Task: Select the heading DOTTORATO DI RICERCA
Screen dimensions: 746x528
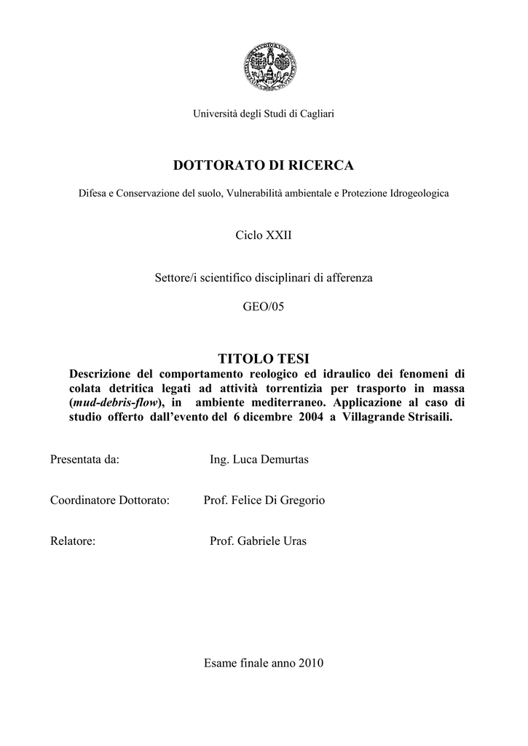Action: coord(263,166)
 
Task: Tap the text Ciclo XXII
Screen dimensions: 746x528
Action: coord(263,237)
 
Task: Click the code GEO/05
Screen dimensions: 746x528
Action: coord(263,307)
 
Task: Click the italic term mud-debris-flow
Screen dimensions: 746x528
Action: coord(114,402)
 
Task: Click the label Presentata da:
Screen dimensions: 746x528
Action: coord(84,461)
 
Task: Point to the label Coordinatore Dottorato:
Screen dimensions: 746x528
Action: coord(109,501)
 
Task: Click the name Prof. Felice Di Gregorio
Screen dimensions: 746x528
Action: coord(264,501)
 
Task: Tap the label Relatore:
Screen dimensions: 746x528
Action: coord(73,542)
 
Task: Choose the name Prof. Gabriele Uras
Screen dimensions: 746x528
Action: coord(258,542)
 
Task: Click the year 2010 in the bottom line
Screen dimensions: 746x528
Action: coord(310,664)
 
